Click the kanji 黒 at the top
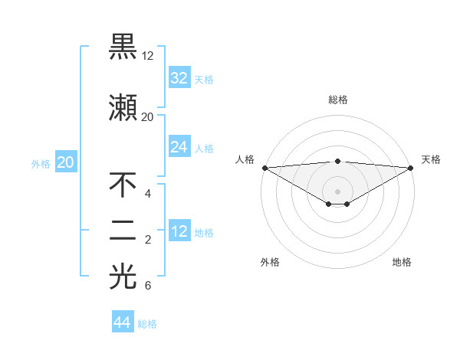[x=123, y=47]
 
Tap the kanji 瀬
[x=123, y=107]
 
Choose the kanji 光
[x=123, y=277]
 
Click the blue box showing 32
[x=179, y=78]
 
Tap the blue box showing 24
[x=179, y=147]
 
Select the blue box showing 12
[x=179, y=231]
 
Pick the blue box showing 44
[x=123, y=322]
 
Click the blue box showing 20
[x=65, y=162]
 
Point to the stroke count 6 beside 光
[x=147, y=286]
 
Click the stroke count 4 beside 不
[x=147, y=194]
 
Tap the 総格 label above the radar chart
[x=337, y=100]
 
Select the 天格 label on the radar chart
[x=431, y=159]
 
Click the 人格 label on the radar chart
[x=245, y=159]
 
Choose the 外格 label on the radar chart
[x=270, y=262]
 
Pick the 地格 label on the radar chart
[x=402, y=262]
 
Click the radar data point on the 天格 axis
[x=410, y=168]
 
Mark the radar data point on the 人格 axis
[x=264, y=168]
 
